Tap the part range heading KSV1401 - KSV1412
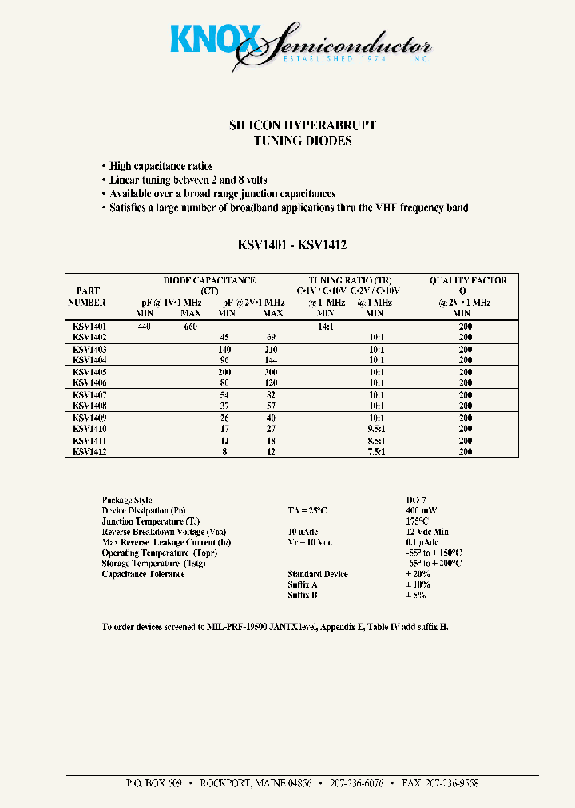tap(291, 246)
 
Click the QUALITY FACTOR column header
tap(468, 280)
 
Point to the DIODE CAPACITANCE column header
tap(209, 280)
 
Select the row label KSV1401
tap(89, 327)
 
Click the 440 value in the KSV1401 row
tap(144, 327)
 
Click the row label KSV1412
tap(89, 452)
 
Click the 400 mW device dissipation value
tap(421, 510)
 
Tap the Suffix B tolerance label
tap(303, 595)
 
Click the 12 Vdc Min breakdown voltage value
tap(427, 532)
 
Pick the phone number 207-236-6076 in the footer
tap(356, 783)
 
